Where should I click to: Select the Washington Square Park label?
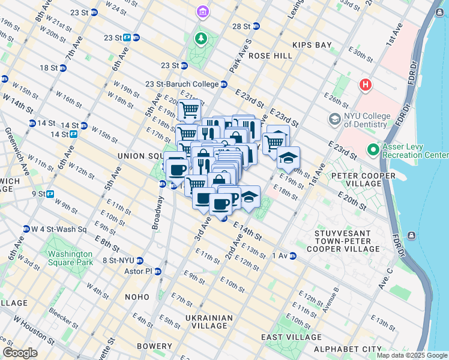click(71, 258)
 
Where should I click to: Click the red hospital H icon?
click(365, 85)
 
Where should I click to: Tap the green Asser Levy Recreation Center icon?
click(373, 148)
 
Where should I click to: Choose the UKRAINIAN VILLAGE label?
click(209, 322)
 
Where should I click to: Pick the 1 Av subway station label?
click(280, 256)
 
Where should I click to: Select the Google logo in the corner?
click(20, 353)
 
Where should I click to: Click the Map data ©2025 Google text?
click(412, 355)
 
